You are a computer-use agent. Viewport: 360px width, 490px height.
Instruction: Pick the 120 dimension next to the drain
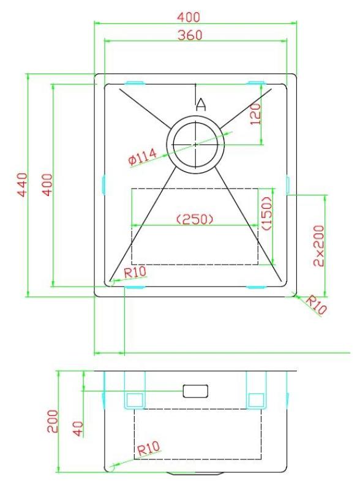[256, 114]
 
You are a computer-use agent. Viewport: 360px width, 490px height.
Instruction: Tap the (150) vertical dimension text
[266, 214]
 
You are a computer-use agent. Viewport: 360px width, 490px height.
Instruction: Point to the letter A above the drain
[200, 105]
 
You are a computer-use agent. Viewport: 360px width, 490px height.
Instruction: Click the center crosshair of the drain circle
[195, 144]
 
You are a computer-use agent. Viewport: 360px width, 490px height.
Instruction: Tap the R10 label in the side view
[149, 450]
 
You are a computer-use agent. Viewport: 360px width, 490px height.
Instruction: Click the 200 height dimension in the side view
[54, 422]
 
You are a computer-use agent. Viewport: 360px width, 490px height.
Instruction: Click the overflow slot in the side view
[195, 390]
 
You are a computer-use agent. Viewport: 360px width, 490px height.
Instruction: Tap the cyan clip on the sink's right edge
[288, 184]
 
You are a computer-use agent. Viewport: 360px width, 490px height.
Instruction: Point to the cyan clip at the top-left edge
[134, 81]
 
